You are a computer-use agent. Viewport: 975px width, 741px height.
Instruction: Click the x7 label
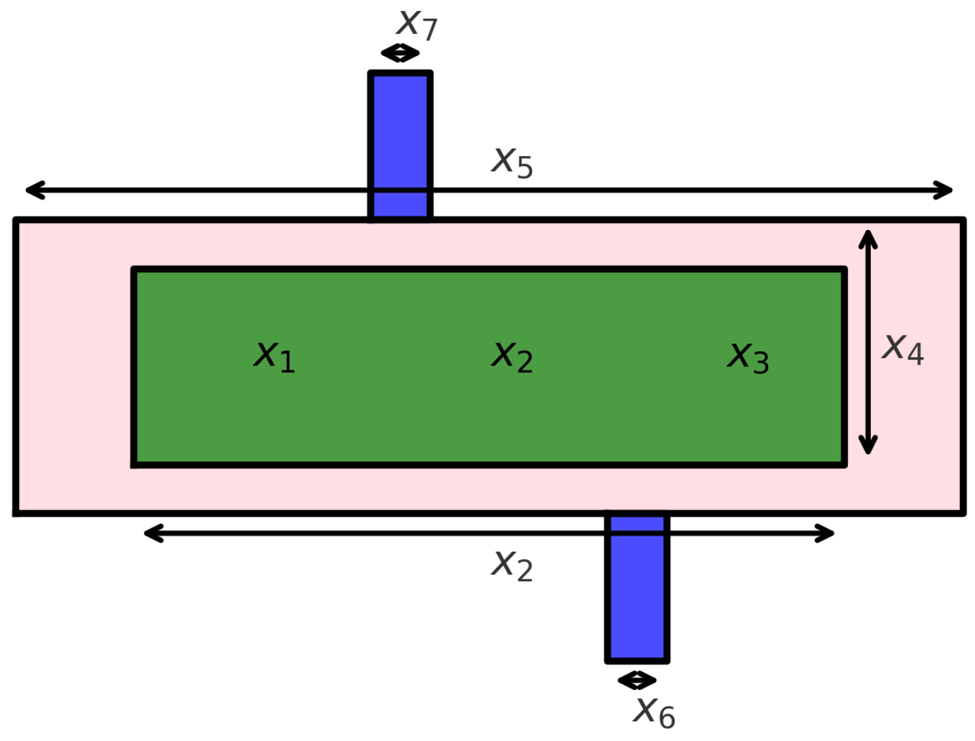pyautogui.click(x=417, y=24)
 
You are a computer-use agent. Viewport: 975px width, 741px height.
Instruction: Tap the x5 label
pyautogui.click(x=511, y=163)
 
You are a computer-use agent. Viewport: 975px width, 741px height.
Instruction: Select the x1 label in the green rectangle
pyautogui.click(x=274, y=356)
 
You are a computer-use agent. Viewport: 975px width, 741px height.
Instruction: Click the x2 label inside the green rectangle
pyautogui.click(x=511, y=356)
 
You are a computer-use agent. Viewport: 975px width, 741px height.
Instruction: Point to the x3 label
pyautogui.click(x=748, y=357)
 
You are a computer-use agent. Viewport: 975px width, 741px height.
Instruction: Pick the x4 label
pyautogui.click(x=903, y=349)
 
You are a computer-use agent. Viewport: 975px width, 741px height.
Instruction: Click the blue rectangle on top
pyautogui.click(x=400, y=137)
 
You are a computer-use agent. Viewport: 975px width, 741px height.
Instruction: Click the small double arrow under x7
pyautogui.click(x=400, y=53)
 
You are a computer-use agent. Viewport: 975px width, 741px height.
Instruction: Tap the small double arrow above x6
pyautogui.click(x=637, y=680)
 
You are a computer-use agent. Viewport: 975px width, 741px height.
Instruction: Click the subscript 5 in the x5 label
pyautogui.click(x=525, y=168)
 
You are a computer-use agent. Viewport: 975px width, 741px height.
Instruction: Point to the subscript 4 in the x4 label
pyautogui.click(x=915, y=354)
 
